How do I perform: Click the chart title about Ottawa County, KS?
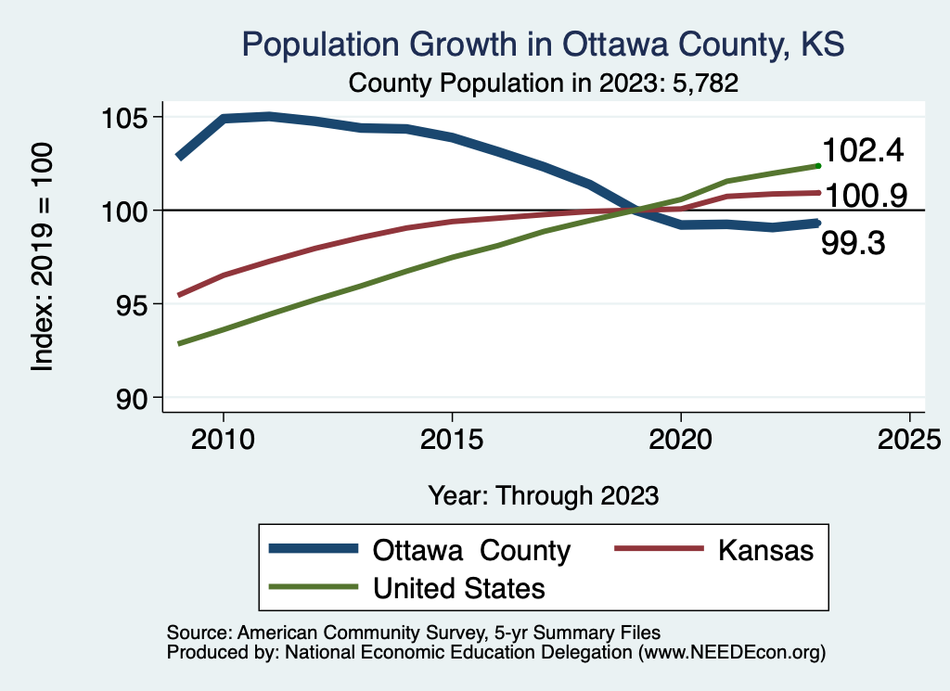click(x=543, y=45)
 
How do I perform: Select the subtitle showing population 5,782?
click(x=543, y=83)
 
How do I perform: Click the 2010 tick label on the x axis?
click(x=223, y=438)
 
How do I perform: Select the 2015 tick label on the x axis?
click(x=452, y=438)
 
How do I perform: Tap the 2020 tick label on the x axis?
click(x=680, y=438)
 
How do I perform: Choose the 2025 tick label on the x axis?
click(x=909, y=438)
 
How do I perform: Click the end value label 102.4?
click(x=863, y=151)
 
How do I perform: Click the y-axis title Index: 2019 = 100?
click(x=43, y=257)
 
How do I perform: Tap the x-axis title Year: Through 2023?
click(x=543, y=495)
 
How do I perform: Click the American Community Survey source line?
click(x=413, y=633)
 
